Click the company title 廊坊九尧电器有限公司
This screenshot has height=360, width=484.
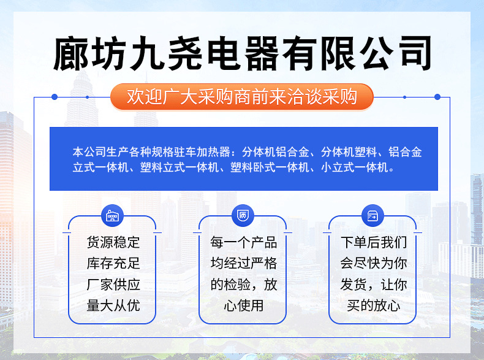(x=242, y=53)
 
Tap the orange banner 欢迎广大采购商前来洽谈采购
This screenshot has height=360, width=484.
(x=242, y=96)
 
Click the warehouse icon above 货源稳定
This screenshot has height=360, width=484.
(x=112, y=216)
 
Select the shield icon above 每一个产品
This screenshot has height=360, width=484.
(x=243, y=216)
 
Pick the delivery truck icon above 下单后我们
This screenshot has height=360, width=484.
(x=372, y=216)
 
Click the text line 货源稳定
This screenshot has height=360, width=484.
(x=113, y=243)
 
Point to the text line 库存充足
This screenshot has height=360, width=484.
(x=113, y=264)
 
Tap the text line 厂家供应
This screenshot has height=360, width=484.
(x=113, y=285)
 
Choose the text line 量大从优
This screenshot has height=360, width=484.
(x=113, y=305)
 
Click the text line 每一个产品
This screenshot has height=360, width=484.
(x=243, y=243)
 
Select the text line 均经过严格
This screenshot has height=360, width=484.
(x=243, y=264)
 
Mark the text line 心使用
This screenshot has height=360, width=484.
(x=243, y=305)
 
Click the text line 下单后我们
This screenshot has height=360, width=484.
(x=373, y=243)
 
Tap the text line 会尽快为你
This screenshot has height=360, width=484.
(x=373, y=264)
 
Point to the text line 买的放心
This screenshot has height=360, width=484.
(x=373, y=305)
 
